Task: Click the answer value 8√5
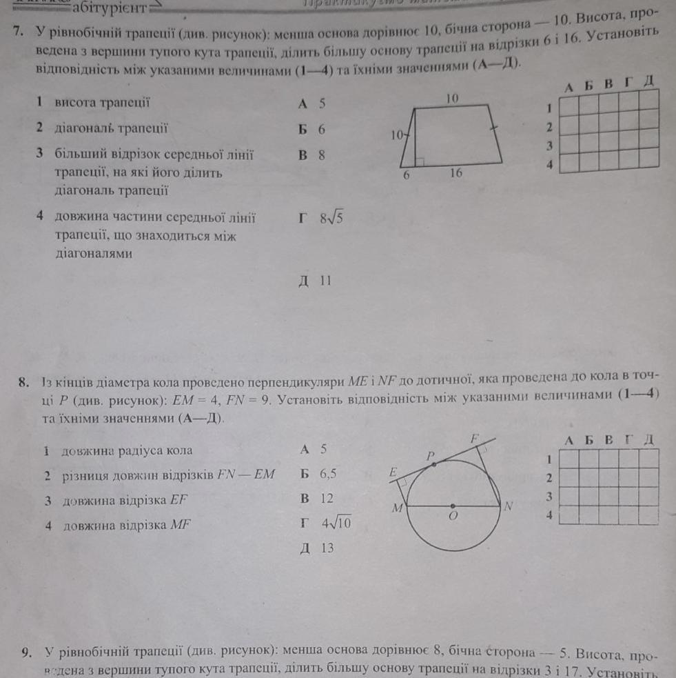(x=331, y=219)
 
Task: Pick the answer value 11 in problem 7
(x=326, y=281)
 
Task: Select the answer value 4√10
(x=336, y=523)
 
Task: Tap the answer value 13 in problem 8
(x=327, y=548)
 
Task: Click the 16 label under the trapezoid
(x=456, y=173)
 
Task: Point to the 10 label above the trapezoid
(x=451, y=99)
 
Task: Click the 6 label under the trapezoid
(x=407, y=175)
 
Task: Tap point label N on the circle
(x=509, y=506)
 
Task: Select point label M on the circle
(x=396, y=509)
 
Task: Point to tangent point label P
(x=431, y=456)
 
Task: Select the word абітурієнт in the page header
(x=110, y=8)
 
